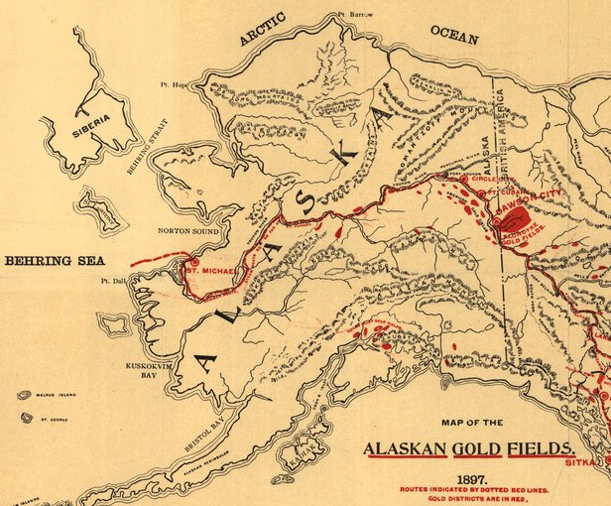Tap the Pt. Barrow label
tap(355, 15)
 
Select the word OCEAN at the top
tap(454, 32)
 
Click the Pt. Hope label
tap(175, 85)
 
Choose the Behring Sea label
tap(54, 261)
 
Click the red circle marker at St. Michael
tap(194, 263)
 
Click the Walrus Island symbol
tap(24, 395)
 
